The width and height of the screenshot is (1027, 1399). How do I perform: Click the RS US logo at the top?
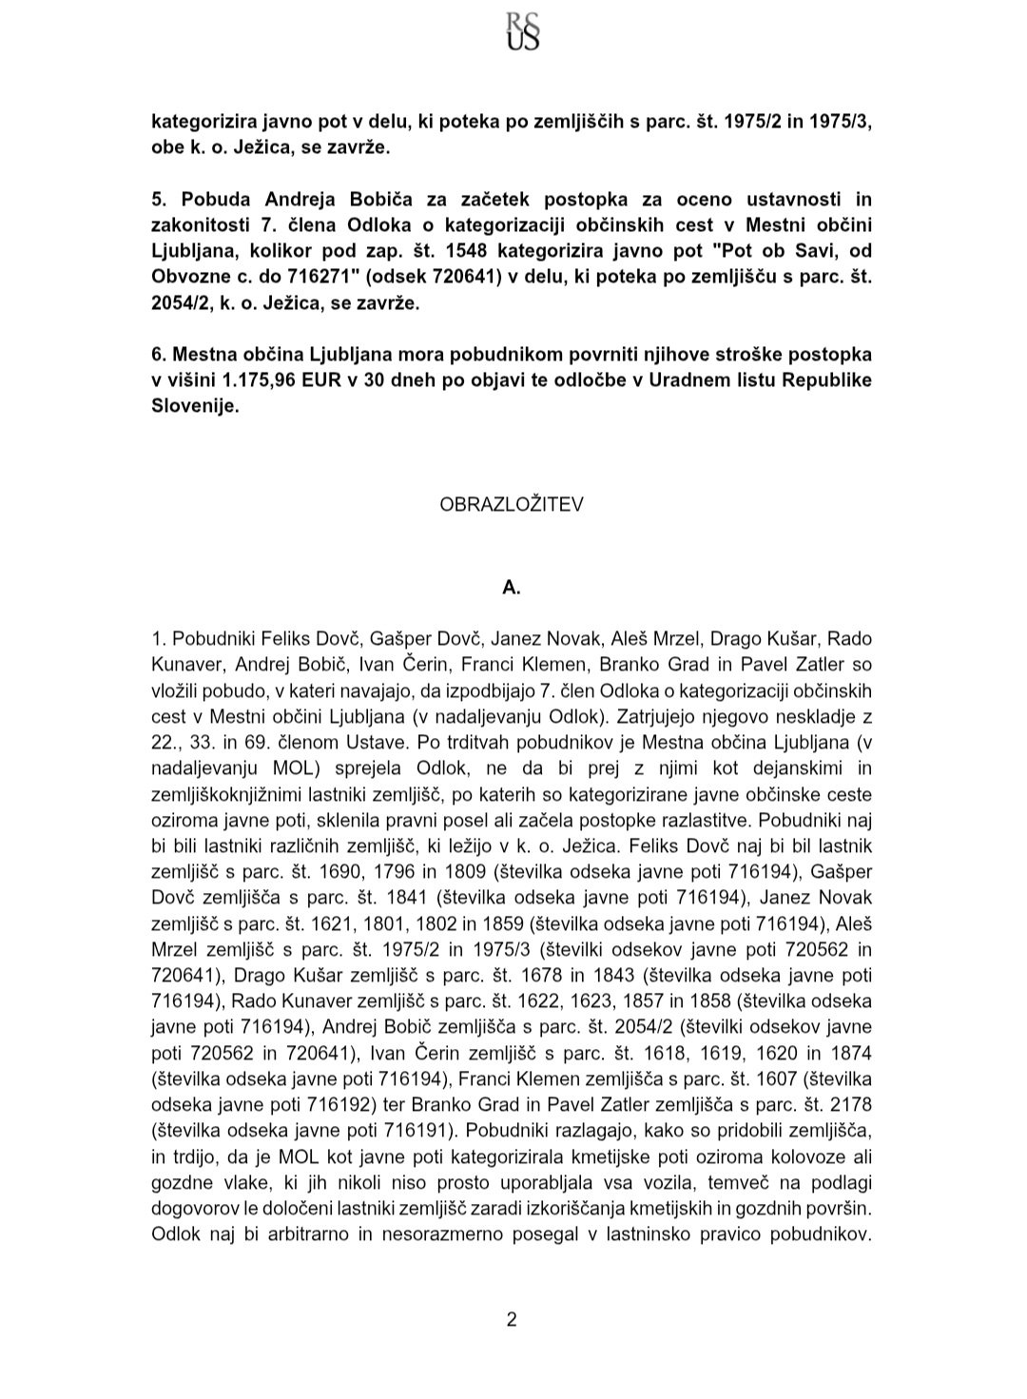pos(523,29)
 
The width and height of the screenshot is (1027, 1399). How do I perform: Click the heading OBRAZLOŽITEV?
pos(512,504)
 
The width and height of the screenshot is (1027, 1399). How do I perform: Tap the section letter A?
pos(512,588)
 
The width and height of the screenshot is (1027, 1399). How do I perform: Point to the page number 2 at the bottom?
pos(512,1319)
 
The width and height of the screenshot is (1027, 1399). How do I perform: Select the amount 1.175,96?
pos(263,379)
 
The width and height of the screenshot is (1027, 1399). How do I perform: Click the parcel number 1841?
pos(357,898)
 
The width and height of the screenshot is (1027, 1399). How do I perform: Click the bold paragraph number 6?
pos(159,354)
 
